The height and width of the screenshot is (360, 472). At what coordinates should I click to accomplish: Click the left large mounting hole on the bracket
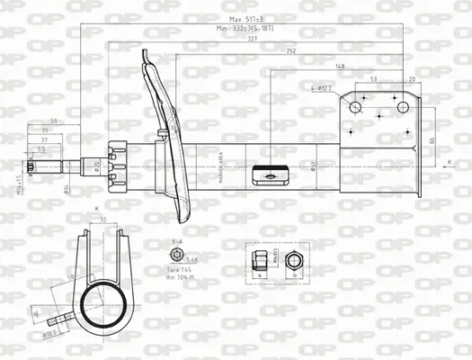click(x=355, y=107)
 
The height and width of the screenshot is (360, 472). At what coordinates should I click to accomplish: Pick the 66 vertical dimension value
click(x=432, y=139)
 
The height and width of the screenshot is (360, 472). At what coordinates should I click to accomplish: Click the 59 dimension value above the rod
click(x=54, y=121)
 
